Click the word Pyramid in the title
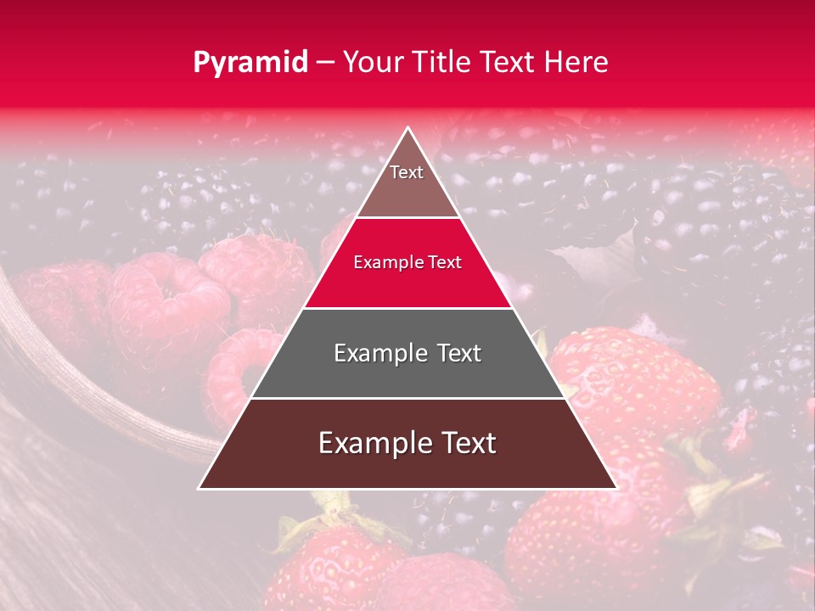(x=250, y=63)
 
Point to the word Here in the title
(x=578, y=63)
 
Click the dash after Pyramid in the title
(x=325, y=63)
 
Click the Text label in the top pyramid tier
(x=407, y=172)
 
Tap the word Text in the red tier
(x=446, y=263)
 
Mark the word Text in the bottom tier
(x=467, y=443)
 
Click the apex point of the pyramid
(x=407, y=128)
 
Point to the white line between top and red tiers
(x=407, y=218)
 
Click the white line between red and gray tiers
(x=407, y=308)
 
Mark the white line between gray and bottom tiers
(x=407, y=398)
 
